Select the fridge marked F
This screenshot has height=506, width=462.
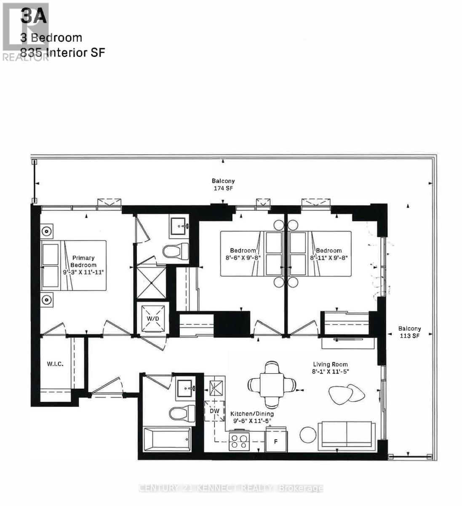coord(276,441)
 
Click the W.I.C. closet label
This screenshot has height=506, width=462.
coord(55,363)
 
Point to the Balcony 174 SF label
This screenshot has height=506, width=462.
coord(223,185)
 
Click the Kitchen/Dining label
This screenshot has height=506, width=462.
coord(252,414)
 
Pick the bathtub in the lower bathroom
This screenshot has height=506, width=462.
coord(167,439)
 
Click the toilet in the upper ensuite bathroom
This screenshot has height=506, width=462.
coord(176,252)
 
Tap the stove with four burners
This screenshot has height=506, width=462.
coord(240,441)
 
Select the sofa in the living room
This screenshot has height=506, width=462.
coord(346,434)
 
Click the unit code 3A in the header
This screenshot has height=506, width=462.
coord(34,17)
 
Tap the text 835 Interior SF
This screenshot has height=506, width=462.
coord(62,53)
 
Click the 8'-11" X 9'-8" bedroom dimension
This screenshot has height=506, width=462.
coord(328,257)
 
